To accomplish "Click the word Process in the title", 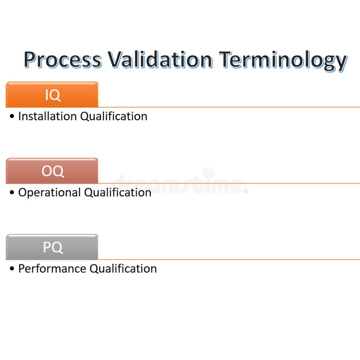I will point(63,60).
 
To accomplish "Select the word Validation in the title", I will point(160,59).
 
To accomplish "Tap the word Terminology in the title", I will point(283,60).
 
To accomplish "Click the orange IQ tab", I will point(52,95).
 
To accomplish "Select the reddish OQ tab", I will point(52,171).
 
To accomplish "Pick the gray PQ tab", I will point(52,247).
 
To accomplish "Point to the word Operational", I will point(49,193).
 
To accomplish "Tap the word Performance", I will point(52,269).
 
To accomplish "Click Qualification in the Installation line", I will point(114,116).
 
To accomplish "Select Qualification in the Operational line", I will point(118,193).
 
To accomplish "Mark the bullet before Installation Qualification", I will point(12,117).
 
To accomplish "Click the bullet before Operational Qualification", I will point(12,193).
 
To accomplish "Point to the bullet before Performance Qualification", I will point(12,269).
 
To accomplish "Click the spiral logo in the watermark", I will point(208,173).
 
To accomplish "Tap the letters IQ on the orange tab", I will point(52,95).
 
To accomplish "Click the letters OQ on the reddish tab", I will point(53,171).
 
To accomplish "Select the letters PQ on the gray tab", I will point(53,247).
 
